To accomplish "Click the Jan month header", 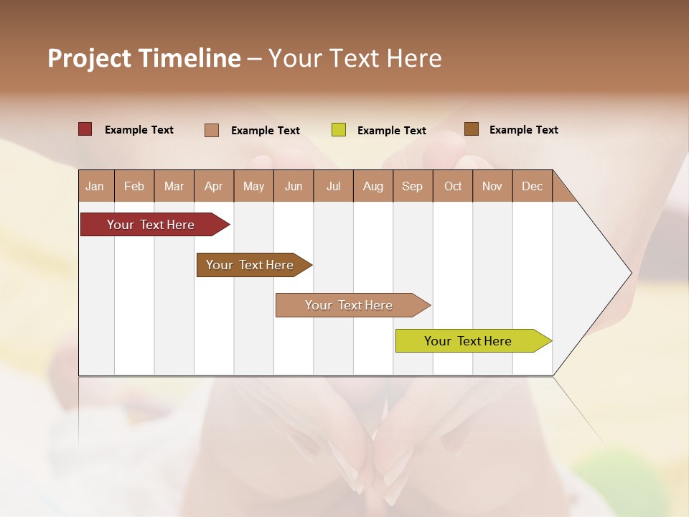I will pos(95,186).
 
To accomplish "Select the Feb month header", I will pos(134,186).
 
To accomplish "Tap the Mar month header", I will pos(174,186).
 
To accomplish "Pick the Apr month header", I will pos(214,186).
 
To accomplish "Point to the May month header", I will pos(253,186).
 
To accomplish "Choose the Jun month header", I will pos(294,186).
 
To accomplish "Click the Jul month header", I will pos(333,186).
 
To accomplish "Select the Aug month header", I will pos(373,186).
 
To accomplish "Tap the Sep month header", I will pos(413,186).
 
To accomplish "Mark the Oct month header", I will pos(453,186).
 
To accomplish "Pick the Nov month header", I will pos(492,186).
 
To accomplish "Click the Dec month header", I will pos(533,186).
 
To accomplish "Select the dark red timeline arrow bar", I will pos(151,225).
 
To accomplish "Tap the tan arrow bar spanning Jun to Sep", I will pos(350,305).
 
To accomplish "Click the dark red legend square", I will pos(85,129).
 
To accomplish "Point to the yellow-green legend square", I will pos(339,130).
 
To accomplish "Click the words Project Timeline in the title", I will pos(144,58).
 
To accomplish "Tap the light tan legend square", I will pos(212,130).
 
